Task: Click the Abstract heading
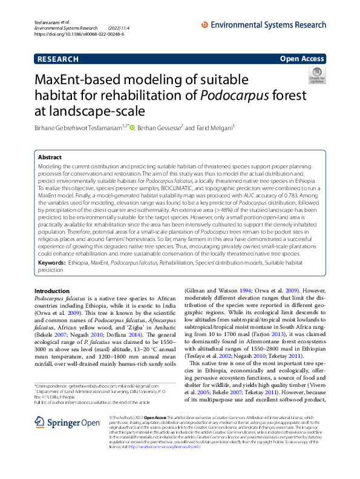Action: [x=50, y=157]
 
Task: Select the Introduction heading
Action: [x=53, y=291]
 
